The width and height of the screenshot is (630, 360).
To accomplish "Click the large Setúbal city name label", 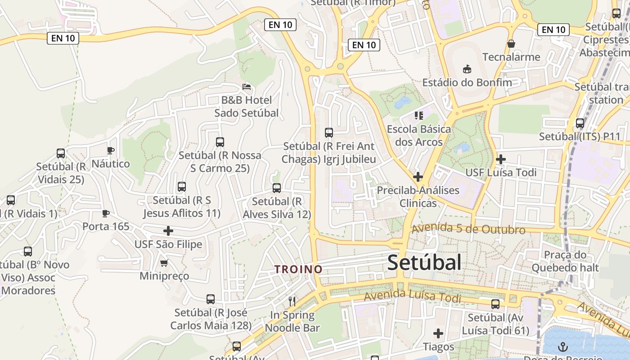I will pos(424,262).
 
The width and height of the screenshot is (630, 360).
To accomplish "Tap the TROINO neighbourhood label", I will pos(299,269).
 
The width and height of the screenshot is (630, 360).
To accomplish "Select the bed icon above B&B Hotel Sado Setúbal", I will pos(246,86).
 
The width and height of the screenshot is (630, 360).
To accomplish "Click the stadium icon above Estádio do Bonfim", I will pos(467,69).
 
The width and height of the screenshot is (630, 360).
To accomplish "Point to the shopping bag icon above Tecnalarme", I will pos(511,44).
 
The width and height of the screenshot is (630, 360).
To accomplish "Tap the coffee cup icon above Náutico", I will pos(110,150).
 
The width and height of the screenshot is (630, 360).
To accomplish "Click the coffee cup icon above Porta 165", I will pos(105,213).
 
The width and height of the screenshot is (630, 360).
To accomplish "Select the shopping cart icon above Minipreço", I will pos(164,262).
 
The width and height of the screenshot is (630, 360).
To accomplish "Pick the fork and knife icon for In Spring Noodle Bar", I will pos(292,301).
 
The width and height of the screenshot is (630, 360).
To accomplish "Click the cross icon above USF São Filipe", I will pos(168,231).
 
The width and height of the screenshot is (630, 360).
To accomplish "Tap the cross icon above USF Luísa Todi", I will pos(500,159).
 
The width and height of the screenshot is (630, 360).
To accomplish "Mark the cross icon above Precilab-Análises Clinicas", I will pos(418,176).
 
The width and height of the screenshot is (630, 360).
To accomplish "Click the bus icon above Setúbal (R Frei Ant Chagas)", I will pos(329,133).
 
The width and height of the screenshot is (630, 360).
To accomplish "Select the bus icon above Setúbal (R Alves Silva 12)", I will pos(277,188).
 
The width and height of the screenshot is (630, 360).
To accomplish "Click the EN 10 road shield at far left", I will pos(63,38).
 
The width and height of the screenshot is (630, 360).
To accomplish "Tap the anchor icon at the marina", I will pos(562,346).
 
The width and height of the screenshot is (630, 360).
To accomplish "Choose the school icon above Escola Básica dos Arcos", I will pos(419,116).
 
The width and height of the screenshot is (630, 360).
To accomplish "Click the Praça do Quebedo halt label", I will pos(565,261).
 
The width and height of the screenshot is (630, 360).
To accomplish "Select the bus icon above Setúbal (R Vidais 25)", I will pos(61,153).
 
